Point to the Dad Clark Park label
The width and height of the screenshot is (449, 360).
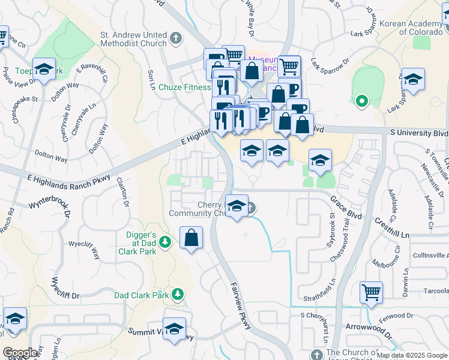pyautogui.click(x=142, y=295)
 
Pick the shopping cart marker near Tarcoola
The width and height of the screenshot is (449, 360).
pyautogui.click(x=371, y=293)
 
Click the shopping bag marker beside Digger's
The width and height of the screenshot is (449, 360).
pyautogui.click(x=191, y=238)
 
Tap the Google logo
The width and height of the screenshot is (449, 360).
pyautogui.click(x=20, y=353)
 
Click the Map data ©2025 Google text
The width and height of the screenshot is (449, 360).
pyautogui.click(x=412, y=355)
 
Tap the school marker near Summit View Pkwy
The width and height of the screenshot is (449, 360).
pyautogui.click(x=174, y=329)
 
